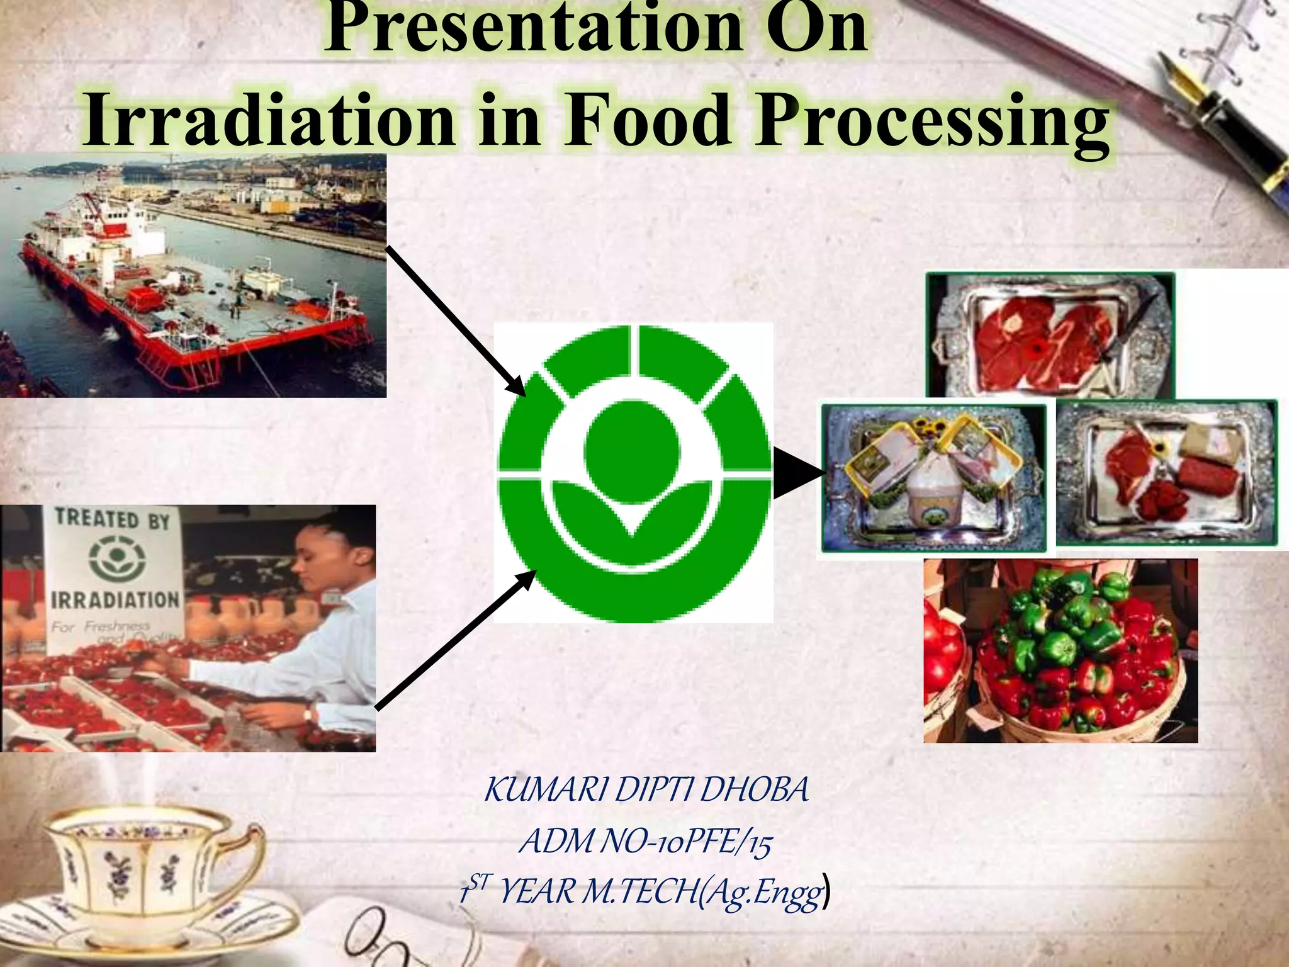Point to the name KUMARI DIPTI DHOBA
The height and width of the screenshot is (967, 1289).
[x=646, y=789]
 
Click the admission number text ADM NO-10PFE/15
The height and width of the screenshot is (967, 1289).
[x=644, y=841]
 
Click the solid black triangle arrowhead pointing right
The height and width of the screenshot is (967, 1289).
[x=796, y=473]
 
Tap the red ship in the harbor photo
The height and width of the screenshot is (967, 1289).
[x=189, y=296]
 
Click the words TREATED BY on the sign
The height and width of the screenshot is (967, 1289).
[x=113, y=519]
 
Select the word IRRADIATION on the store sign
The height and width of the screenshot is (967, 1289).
[x=115, y=599]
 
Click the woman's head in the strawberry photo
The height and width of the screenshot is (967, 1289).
[x=321, y=554]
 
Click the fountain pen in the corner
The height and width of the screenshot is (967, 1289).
[x=1227, y=126]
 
